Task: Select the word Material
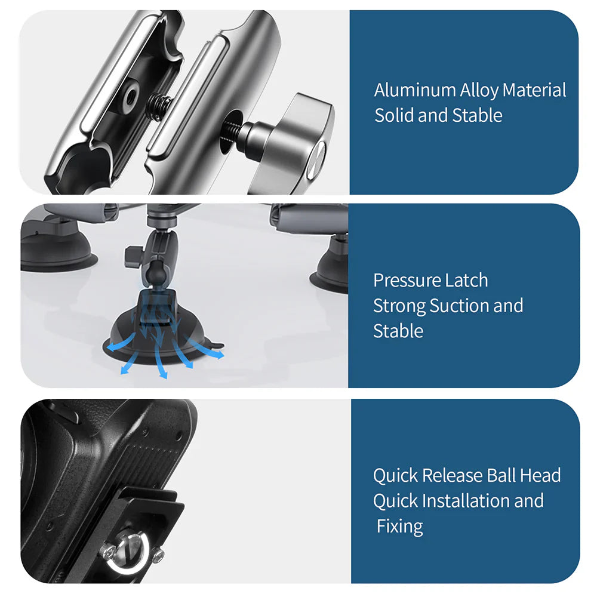(534, 90)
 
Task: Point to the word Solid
(394, 115)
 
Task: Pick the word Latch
(467, 280)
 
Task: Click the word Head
(540, 475)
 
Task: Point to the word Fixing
(400, 527)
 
